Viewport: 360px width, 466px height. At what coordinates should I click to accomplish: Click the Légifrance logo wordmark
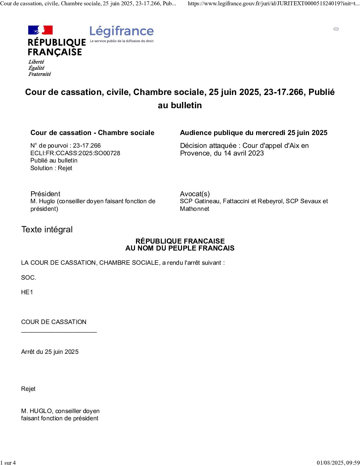121,31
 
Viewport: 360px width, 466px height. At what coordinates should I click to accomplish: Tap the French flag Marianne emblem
40,30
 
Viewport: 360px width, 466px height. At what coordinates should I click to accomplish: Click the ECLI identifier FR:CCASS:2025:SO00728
75,153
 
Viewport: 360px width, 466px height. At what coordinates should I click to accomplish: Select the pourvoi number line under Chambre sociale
66,146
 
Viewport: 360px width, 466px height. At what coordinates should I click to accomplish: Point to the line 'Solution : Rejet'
51,168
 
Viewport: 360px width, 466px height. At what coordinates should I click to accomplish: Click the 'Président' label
45,194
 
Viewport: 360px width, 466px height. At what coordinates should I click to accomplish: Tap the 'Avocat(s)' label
195,194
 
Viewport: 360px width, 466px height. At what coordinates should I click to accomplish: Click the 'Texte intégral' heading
47,229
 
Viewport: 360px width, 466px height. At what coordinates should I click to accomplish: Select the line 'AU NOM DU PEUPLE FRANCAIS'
180,248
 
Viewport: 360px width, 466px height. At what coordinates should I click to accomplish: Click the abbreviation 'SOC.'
28,278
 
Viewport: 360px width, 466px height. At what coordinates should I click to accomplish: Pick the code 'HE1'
27,292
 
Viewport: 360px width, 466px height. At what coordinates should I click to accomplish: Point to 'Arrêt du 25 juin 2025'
50,352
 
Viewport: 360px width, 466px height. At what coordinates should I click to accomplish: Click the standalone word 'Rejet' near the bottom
28,389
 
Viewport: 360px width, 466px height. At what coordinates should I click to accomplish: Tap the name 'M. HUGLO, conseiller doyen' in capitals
60,411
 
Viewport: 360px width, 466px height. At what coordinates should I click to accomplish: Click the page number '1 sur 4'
8,463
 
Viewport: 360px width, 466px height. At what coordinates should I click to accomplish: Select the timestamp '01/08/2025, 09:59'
338,463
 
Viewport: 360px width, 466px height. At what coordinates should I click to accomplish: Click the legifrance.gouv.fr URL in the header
273,4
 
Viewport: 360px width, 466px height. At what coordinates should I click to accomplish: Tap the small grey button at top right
336,29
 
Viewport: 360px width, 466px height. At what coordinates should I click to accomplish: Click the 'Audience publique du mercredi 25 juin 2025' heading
254,133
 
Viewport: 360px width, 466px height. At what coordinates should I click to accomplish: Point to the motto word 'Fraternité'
40,74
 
